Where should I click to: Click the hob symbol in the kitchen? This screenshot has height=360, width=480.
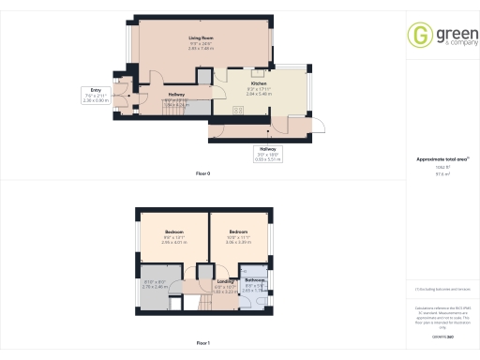pos(237,110)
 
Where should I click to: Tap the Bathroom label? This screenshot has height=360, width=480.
pos(256,280)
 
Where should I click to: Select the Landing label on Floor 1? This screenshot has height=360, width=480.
pos(226,280)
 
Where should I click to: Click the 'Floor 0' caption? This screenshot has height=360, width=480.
pos(202,174)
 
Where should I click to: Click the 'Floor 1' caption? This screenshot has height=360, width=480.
pos(202,342)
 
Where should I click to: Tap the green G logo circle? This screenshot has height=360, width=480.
pos(419,36)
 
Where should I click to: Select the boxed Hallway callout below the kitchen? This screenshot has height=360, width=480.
pos(268,155)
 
